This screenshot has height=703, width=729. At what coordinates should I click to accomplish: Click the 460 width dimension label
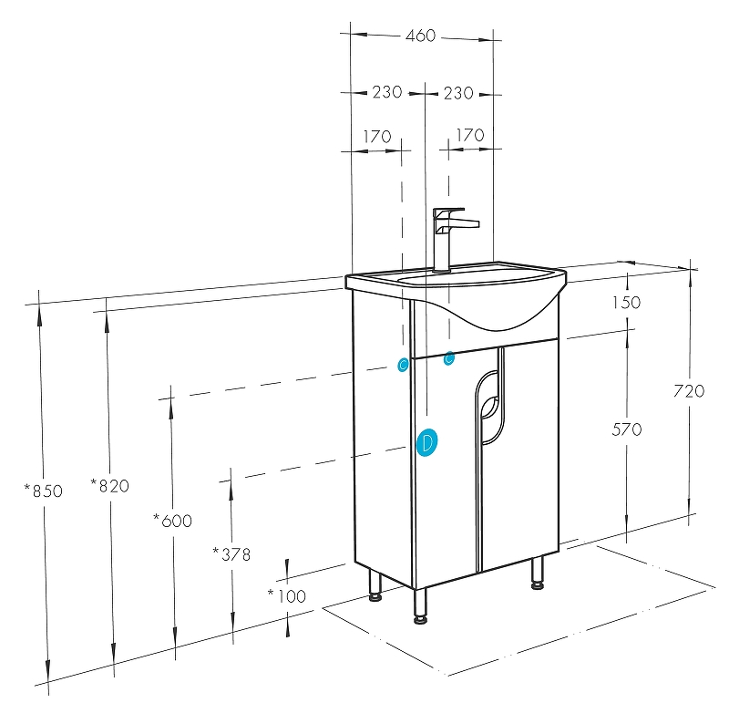point(420,36)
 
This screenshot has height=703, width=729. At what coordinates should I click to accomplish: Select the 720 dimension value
point(689,391)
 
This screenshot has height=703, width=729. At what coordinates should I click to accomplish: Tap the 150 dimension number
point(626,303)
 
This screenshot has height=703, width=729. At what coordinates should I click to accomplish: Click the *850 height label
point(44,491)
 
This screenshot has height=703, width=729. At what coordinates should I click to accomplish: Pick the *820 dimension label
point(110,486)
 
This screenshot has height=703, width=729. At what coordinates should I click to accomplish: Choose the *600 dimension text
point(172,521)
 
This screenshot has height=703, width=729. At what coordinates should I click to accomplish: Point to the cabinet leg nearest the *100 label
point(375,585)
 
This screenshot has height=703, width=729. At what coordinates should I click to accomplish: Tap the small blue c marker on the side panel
point(403,366)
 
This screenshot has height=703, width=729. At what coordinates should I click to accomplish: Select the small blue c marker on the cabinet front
point(448,359)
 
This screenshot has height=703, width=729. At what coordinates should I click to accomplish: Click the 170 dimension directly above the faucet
point(468,135)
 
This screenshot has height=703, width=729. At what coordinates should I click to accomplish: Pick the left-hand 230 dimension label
point(386,92)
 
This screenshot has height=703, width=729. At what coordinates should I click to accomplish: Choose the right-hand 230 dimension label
point(457,92)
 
